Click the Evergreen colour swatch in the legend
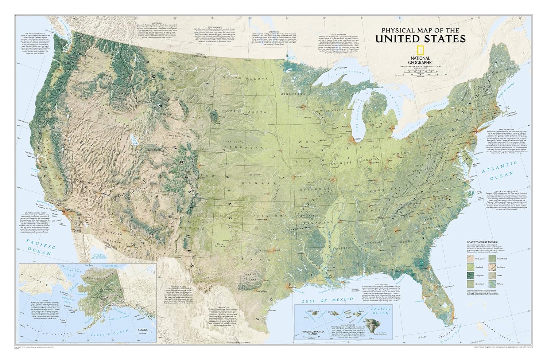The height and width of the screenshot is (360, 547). coord(470,275)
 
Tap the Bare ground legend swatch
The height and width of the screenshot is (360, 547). coord(470,259)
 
